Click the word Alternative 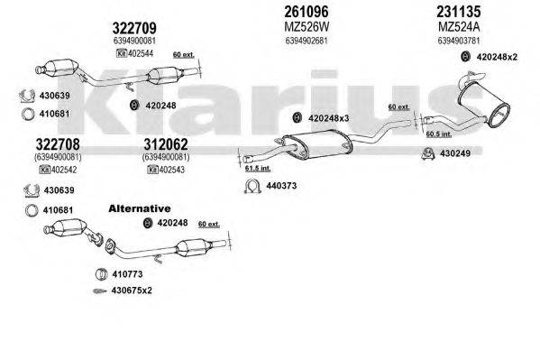click(139, 208)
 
